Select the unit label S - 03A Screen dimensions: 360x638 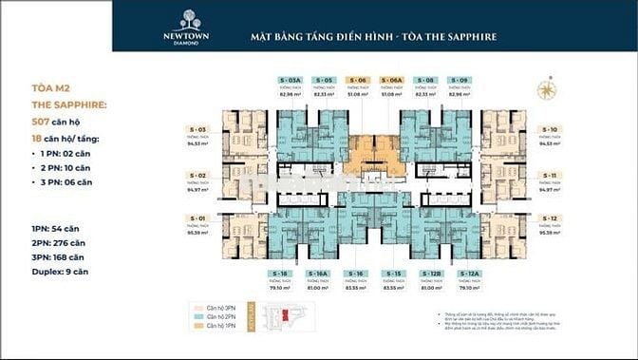click(x=292, y=80)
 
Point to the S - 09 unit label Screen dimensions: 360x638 click(x=460, y=80)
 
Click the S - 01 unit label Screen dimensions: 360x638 click(x=198, y=218)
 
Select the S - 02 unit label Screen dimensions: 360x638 click(x=198, y=176)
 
